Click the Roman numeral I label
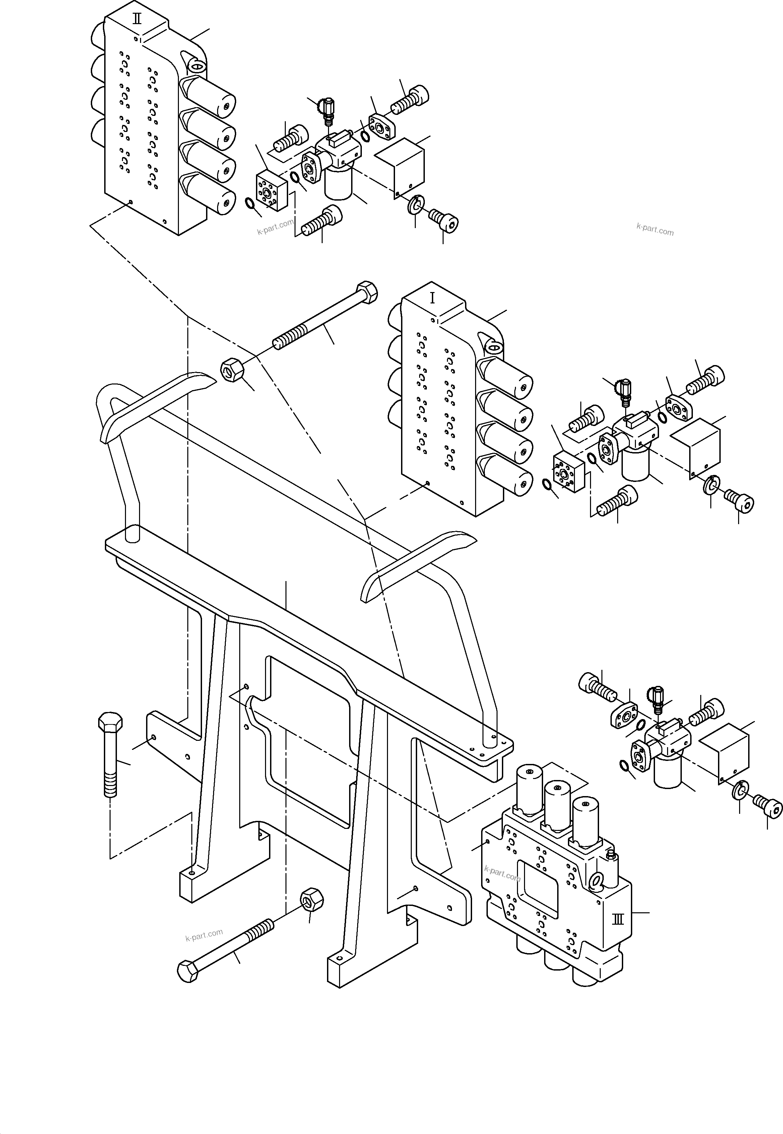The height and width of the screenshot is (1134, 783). click(x=432, y=298)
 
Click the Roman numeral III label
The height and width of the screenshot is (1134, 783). click(x=618, y=919)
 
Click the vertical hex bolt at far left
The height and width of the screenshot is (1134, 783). click(x=111, y=755)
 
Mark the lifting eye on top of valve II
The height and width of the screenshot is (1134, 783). click(x=195, y=66)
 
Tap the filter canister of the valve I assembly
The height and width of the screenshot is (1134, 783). click(x=635, y=465)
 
